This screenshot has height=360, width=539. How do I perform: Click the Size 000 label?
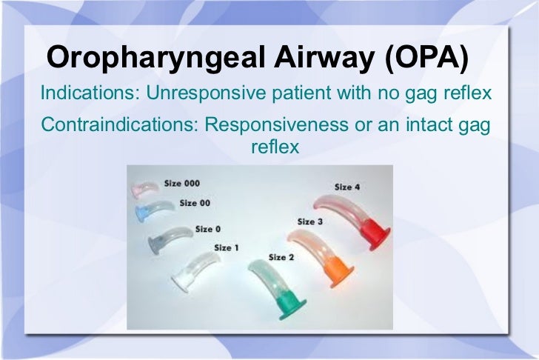tap(181, 183)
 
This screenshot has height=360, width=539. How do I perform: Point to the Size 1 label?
tap(226, 247)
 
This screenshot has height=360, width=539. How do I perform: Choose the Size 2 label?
tap(281, 257)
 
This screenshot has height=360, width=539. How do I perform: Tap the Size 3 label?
tap(309, 221)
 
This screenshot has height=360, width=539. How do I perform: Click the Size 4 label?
tap(347, 187)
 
